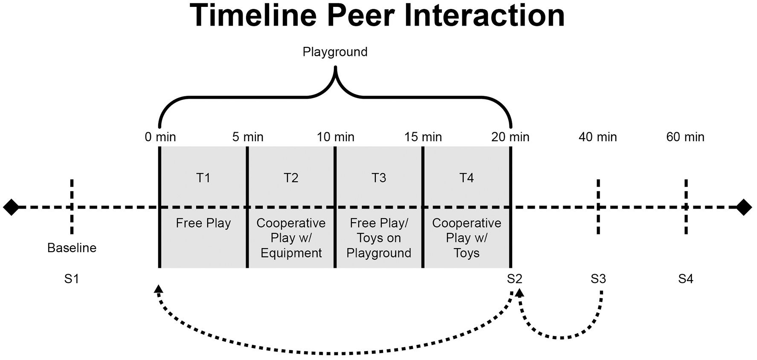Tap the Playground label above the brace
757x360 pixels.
[335, 52]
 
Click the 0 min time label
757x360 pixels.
[160, 137]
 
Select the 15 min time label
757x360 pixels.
[423, 137]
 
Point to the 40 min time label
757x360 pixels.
[597, 137]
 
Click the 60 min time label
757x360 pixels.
[685, 137]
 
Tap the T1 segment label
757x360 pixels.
[203, 177]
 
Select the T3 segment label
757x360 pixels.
[378, 177]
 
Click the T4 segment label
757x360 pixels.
[466, 177]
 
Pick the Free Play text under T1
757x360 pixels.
[203, 223]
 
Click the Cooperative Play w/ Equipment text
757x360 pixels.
[291, 238]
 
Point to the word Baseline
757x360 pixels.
[72, 248]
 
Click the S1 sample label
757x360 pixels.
[72, 279]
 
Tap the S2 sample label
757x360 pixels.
[514, 279]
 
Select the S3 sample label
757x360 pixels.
[598, 279]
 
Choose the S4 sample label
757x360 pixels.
[685, 279]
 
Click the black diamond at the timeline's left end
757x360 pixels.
[11, 207]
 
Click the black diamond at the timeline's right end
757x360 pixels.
[744, 207]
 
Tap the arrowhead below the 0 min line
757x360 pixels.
[158, 289]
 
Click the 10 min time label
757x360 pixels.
[335, 137]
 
